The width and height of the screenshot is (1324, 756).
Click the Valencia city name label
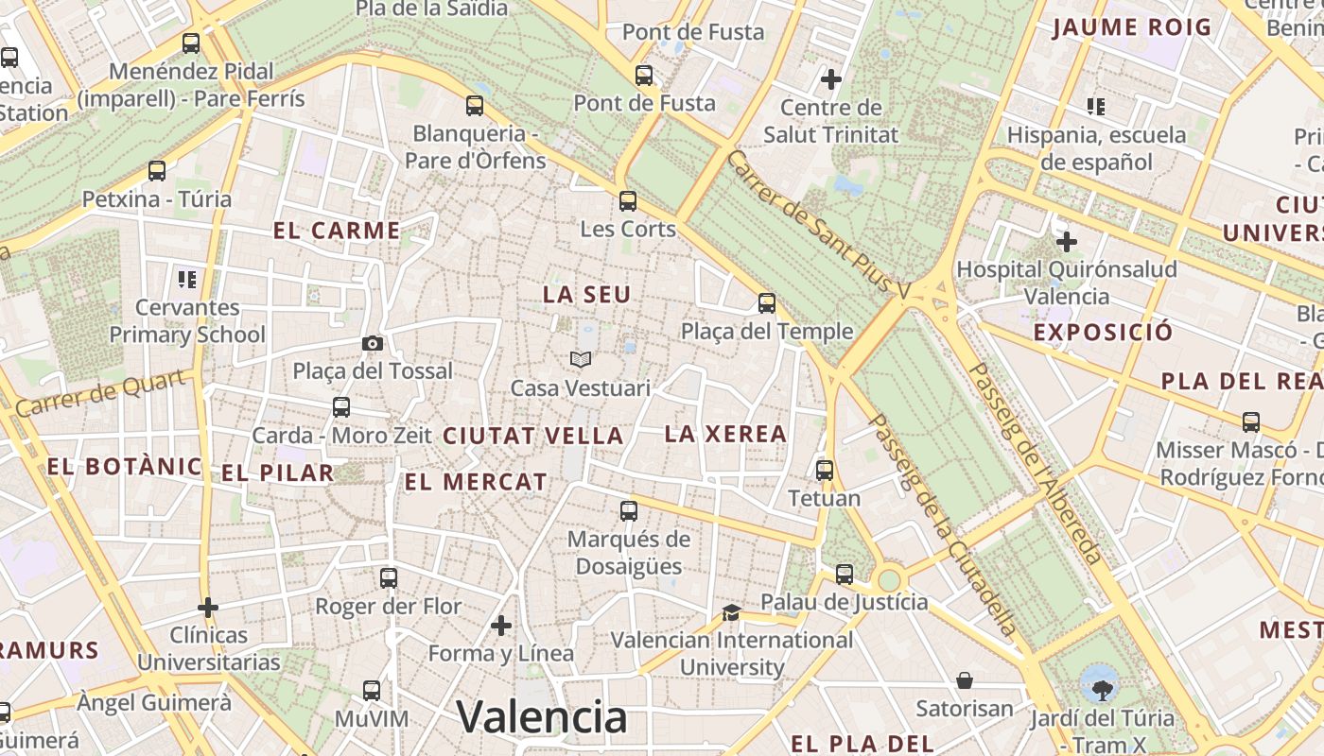(x=542, y=716)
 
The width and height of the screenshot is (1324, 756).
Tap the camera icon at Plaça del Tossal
(x=373, y=343)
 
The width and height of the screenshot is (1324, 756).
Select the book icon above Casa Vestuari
(x=581, y=360)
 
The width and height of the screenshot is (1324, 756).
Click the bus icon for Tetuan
(x=825, y=470)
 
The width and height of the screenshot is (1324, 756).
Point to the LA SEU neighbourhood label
(x=586, y=295)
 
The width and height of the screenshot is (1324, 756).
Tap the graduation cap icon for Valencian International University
(x=731, y=612)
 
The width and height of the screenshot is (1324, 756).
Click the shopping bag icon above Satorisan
(x=965, y=680)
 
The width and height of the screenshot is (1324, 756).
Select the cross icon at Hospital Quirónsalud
(x=1067, y=242)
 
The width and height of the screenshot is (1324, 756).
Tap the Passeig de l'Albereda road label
(x=1035, y=463)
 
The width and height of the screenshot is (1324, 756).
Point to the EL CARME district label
(x=337, y=231)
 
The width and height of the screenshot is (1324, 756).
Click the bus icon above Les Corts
(x=628, y=200)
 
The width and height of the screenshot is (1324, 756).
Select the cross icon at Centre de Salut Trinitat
(x=831, y=78)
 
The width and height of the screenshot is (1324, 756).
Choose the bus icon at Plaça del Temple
(x=767, y=303)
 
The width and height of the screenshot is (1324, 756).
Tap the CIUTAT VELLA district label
(x=533, y=436)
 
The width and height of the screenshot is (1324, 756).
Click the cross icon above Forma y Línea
(x=501, y=625)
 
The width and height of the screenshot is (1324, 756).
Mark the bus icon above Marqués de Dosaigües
(x=629, y=511)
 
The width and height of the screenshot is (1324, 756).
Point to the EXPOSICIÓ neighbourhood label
(x=1103, y=333)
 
